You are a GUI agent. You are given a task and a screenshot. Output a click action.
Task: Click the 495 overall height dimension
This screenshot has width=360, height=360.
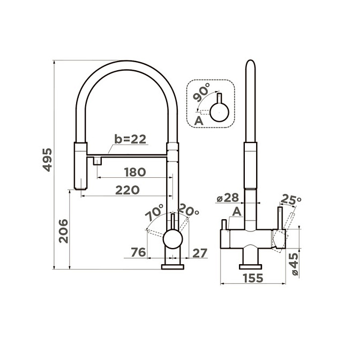tap(48, 160)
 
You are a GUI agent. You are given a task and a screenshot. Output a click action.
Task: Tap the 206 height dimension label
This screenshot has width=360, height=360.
tap(63, 231)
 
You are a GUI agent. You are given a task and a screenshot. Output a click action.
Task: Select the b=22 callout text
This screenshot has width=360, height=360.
tap(130, 139)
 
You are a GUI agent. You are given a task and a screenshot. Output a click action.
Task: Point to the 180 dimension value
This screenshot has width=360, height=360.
tap(135, 172)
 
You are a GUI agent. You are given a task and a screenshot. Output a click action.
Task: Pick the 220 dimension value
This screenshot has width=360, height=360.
tap(127, 190)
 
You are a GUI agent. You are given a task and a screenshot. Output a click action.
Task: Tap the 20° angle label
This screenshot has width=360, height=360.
tap(188, 210)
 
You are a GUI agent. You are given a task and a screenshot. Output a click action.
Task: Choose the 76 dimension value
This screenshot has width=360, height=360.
tap(138, 252)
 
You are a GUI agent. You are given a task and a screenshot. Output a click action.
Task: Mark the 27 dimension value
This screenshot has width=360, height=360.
tap(200, 253)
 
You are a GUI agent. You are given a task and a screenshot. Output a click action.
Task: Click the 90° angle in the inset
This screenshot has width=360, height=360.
tap(201, 92)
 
